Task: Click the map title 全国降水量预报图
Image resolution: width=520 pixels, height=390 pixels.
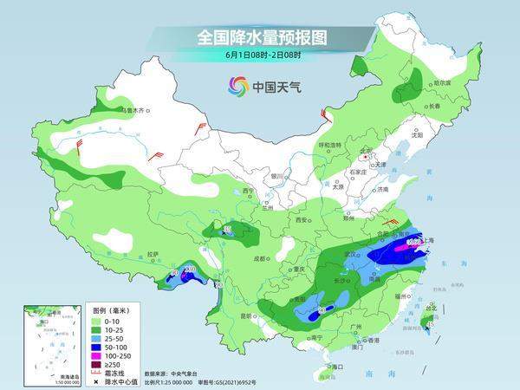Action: pyautogui.click(x=260, y=38)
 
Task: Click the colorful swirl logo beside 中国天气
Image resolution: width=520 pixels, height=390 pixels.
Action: pyautogui.click(x=237, y=86)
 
